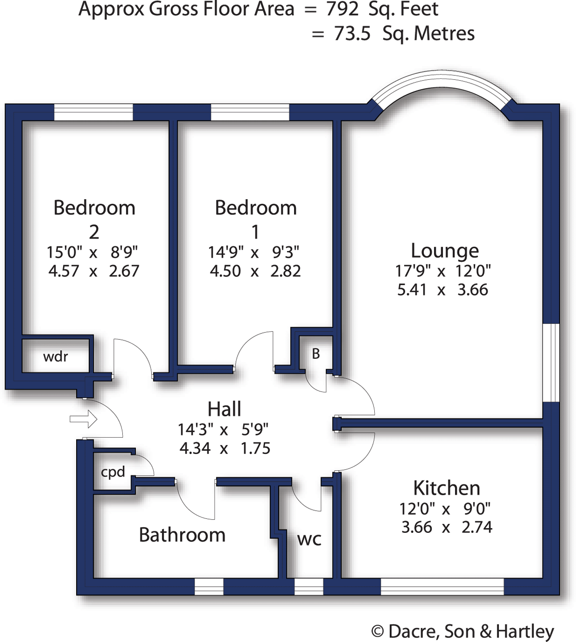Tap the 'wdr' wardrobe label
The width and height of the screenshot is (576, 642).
(x=55, y=357)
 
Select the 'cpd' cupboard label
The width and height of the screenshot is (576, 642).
(x=113, y=472)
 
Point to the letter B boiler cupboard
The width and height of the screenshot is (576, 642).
(x=316, y=354)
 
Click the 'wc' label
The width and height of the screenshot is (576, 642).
(x=309, y=540)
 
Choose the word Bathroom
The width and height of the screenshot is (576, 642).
(x=182, y=535)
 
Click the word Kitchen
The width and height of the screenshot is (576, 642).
(x=446, y=488)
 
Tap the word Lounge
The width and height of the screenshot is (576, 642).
(x=445, y=251)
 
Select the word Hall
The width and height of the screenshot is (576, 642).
(x=224, y=409)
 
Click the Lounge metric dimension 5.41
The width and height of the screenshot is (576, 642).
(x=412, y=290)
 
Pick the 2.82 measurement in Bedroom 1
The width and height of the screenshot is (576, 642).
(x=286, y=271)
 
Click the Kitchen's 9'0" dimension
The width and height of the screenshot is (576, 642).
(x=477, y=509)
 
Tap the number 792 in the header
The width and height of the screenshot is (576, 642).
(x=343, y=9)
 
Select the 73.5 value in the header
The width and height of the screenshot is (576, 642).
(x=352, y=34)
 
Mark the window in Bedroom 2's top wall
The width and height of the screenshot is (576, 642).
(x=93, y=112)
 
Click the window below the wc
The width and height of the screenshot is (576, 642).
(x=309, y=587)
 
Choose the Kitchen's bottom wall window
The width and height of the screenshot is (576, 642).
(x=442, y=587)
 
